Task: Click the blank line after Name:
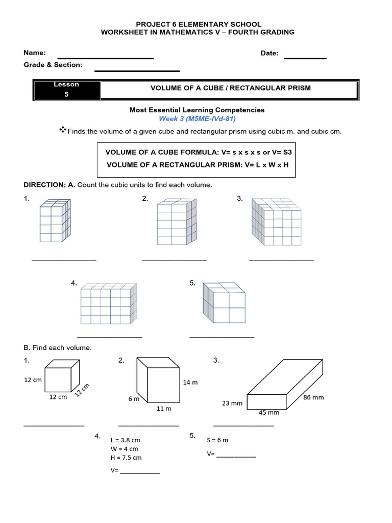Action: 106,58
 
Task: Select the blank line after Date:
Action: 305,58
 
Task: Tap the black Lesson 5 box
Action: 66,90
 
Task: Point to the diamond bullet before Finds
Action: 63,130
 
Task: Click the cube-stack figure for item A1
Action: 55,221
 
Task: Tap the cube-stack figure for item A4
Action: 108,304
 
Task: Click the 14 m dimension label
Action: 190,382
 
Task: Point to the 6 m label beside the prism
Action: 134,399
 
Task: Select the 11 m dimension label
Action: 163,409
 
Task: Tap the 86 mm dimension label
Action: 313,397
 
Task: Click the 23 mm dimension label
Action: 232,403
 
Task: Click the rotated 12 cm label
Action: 81,390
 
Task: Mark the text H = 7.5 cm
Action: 126,458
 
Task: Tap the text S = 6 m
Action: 217,440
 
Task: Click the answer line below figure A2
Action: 174,260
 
